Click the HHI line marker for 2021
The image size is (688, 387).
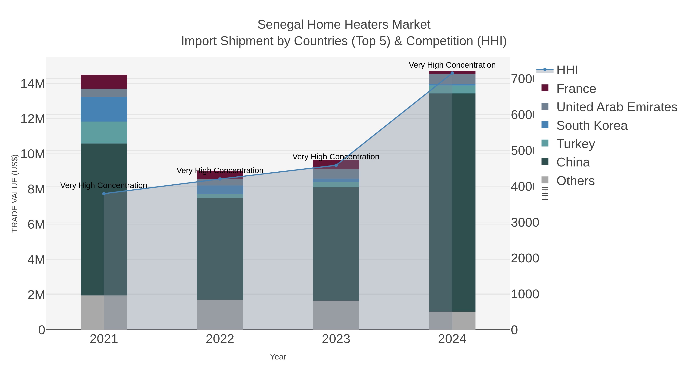[x=104, y=194]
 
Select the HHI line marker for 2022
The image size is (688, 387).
[x=220, y=179]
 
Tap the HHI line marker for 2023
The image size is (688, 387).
[x=336, y=165]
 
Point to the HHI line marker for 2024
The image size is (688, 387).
[x=452, y=73]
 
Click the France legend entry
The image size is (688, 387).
[x=576, y=89]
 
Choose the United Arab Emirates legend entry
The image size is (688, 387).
[x=616, y=107]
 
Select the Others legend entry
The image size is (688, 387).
[x=575, y=181]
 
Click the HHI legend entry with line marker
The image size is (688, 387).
[x=567, y=70]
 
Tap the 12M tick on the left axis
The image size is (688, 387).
[x=32, y=119]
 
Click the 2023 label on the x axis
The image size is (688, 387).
[x=336, y=339]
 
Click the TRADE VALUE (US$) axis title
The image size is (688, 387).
[x=15, y=193]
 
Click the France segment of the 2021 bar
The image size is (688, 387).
[x=104, y=82]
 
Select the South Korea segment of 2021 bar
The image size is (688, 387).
[x=104, y=109]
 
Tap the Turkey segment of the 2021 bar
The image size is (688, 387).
[x=104, y=132]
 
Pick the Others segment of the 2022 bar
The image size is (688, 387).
[x=220, y=314]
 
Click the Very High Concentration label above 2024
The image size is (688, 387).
[x=452, y=65]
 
